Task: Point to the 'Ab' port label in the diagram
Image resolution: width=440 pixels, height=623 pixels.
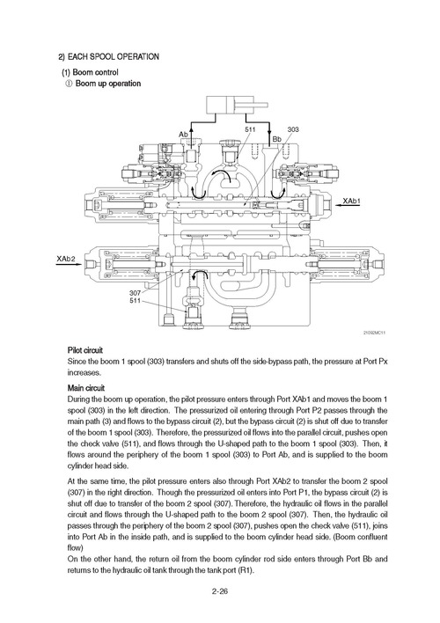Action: (184, 134)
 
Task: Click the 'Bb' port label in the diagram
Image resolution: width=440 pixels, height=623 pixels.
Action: (276, 139)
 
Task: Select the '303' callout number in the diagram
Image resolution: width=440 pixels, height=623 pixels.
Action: (293, 129)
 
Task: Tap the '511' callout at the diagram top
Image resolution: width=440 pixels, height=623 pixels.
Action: (250, 129)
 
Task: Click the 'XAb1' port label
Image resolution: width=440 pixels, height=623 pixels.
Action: (352, 202)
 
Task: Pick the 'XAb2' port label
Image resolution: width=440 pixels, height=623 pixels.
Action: (66, 260)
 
